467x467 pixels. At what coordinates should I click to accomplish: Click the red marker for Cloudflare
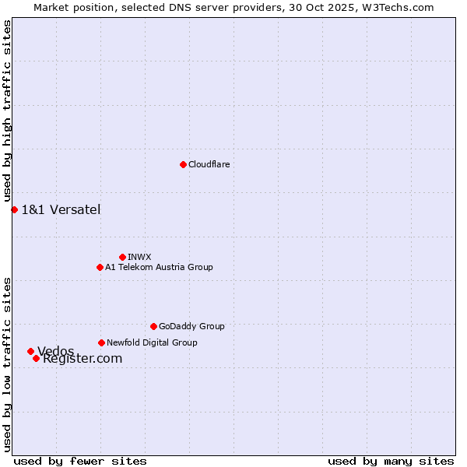coord(183,164)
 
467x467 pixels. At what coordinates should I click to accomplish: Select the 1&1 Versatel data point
coord(14,209)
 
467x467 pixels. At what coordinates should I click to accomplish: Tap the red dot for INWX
coord(122,257)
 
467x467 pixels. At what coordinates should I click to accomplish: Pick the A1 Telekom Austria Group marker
coord(100,267)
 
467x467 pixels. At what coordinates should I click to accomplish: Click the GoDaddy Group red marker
coord(153,326)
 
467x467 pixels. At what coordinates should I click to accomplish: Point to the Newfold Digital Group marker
coord(101,342)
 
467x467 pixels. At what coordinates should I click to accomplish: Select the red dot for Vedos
coord(30,351)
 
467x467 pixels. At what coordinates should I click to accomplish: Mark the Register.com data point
coord(36,358)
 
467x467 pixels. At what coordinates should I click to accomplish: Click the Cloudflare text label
coord(209,164)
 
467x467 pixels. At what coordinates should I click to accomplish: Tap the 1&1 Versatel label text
coord(61,209)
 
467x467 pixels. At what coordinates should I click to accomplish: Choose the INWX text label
coord(139,257)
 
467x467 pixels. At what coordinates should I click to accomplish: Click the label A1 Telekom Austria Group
coord(159,267)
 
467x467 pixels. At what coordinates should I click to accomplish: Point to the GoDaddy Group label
coord(191,326)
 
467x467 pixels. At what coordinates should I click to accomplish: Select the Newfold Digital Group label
coord(152,342)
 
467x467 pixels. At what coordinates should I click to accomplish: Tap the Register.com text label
coord(83,359)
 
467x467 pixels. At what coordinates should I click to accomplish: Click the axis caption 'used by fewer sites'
coord(80,461)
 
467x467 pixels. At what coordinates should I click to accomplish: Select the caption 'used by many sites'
coord(391,461)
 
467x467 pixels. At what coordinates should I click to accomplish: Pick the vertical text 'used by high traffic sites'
coord(7,111)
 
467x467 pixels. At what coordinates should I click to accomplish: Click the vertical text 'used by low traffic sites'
coord(7,363)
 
